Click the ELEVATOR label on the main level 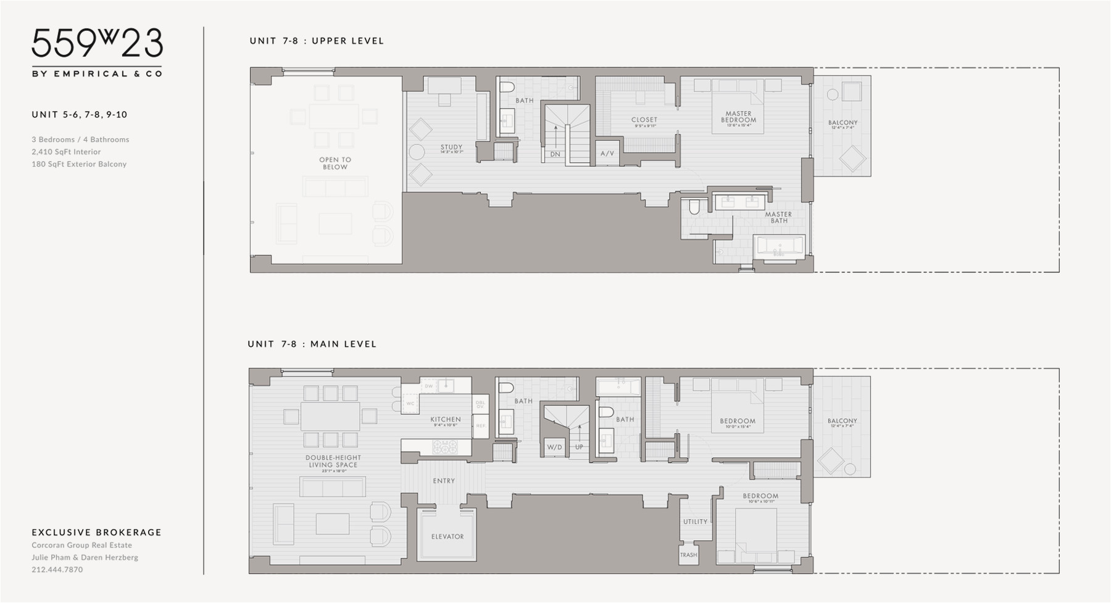(447, 536)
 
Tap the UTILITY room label (695, 522)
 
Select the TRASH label (688, 555)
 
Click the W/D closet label (554, 447)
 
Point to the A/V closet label (607, 153)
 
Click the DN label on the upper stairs (555, 154)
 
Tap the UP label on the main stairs (579, 447)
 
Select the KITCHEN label (446, 420)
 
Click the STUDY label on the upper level (451, 148)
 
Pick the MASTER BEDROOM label (738, 117)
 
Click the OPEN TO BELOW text (335, 163)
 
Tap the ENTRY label (444, 481)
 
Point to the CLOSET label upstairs (644, 120)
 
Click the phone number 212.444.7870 (57, 570)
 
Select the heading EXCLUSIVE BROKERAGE (96, 532)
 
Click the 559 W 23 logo (97, 44)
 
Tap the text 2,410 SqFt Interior (66, 152)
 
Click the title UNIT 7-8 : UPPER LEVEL (317, 41)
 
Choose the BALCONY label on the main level (842, 421)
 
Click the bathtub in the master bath (779, 246)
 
